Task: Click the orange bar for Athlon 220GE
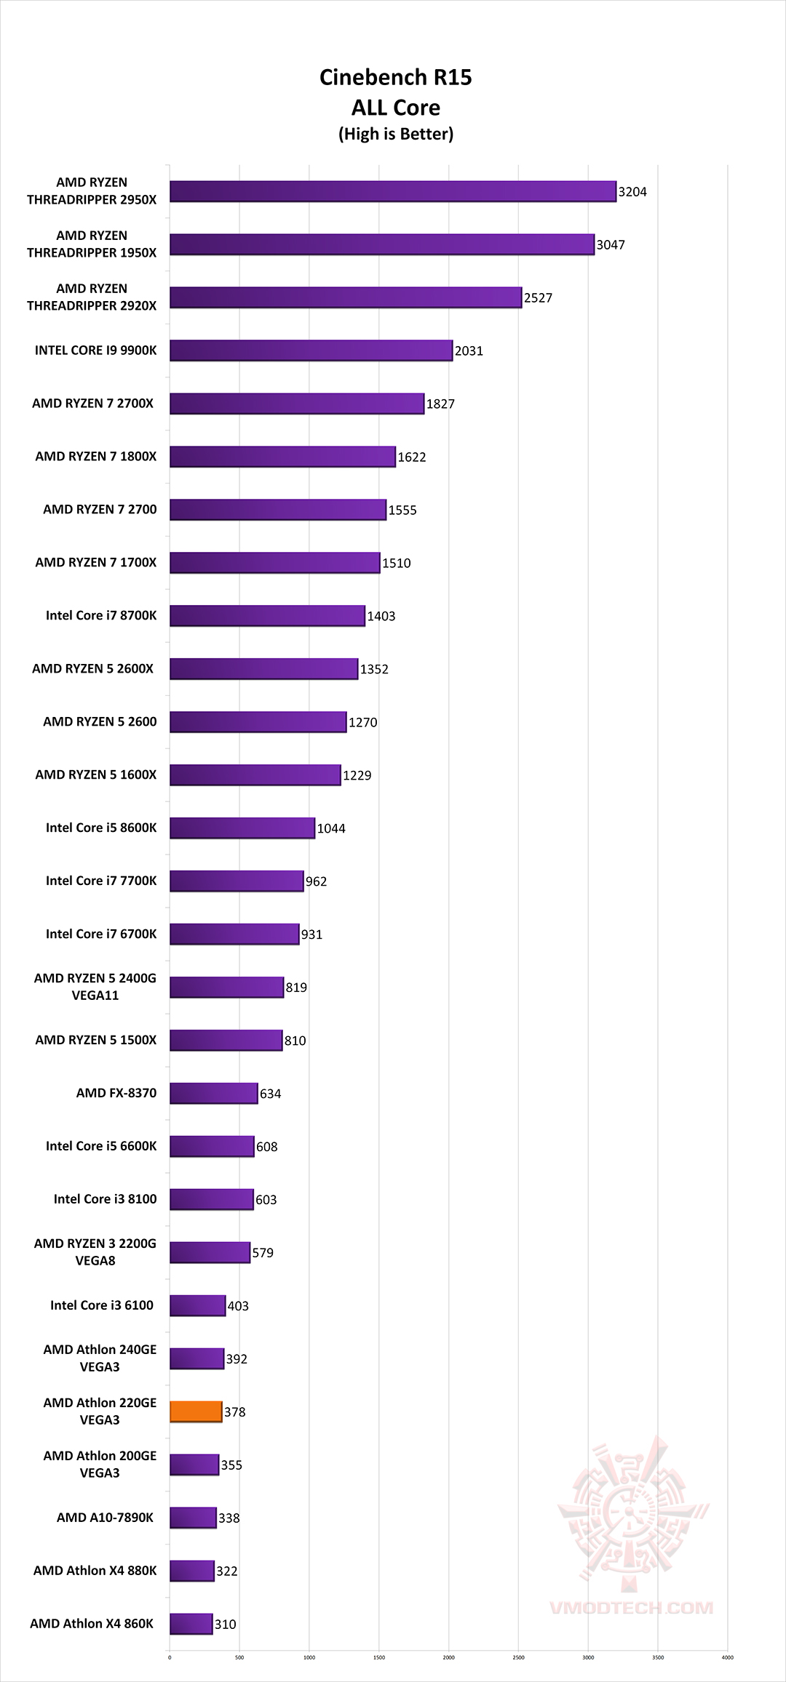point(196,1411)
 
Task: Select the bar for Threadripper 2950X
point(393,191)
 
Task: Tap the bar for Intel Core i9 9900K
point(311,351)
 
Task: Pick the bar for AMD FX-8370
point(214,1093)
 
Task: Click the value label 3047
point(611,245)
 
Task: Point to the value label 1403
point(381,616)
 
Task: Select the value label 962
point(316,881)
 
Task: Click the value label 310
point(225,1625)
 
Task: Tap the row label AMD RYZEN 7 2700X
point(92,404)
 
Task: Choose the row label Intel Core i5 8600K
point(101,828)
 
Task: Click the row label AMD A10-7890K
point(105,1518)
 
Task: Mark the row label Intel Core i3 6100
point(102,1305)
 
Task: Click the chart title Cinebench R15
point(395,77)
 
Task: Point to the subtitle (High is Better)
point(395,134)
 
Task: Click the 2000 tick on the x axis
point(448,1657)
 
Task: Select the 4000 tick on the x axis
point(727,1657)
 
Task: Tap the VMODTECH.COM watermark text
point(632,1608)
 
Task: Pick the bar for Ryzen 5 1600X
point(255,775)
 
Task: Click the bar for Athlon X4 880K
point(192,1571)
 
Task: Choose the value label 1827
point(440,404)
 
